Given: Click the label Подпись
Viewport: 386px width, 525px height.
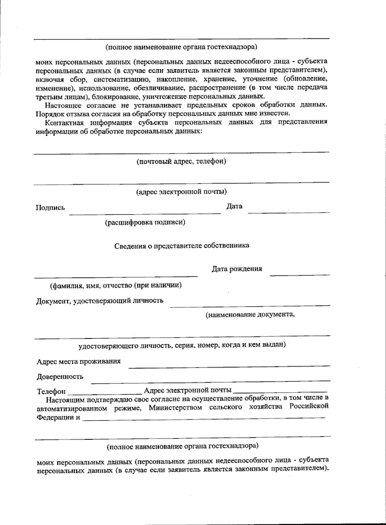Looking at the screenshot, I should tap(50, 208).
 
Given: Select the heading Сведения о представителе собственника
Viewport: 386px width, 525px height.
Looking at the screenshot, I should tap(182, 246).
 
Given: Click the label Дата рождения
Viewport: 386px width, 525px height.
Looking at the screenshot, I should tap(236, 269).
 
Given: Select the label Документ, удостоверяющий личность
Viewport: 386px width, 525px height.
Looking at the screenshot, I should tap(99, 301).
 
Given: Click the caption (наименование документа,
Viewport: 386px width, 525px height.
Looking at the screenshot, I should tap(250, 315).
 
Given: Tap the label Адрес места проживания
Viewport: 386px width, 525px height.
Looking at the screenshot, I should tap(79, 361).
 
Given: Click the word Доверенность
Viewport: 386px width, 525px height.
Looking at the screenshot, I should tap(60, 376).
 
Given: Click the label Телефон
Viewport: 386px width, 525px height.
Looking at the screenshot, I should tap(51, 392).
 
